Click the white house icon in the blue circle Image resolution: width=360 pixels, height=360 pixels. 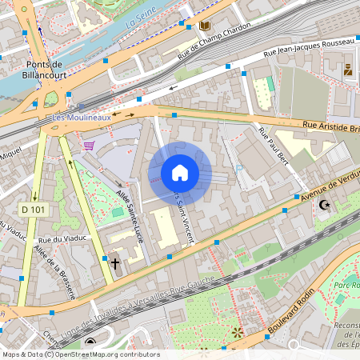(x=180, y=173)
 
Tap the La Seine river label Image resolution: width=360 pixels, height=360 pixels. (x=138, y=26)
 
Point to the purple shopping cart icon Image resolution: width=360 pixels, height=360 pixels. (x=89, y=146)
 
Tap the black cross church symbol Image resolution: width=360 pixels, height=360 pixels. (x=114, y=262)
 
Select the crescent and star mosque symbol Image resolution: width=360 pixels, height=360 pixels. (x=324, y=206)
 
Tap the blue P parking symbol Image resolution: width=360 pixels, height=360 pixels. (x=239, y=168)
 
